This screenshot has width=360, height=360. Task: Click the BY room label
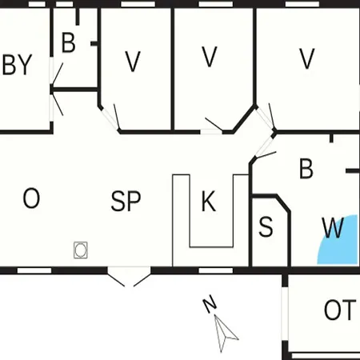(x=17, y=65)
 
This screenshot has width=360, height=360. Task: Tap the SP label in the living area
(x=126, y=201)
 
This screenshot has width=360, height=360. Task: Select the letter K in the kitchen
(x=209, y=201)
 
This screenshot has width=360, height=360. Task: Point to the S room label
(x=266, y=226)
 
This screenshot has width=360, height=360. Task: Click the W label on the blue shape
(x=333, y=227)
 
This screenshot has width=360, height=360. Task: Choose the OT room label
(x=340, y=310)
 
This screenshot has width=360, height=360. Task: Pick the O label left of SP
(x=31, y=198)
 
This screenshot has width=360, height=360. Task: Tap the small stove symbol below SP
(x=81, y=250)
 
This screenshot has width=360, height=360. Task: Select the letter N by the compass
(x=210, y=304)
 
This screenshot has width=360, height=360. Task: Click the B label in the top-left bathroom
(x=69, y=42)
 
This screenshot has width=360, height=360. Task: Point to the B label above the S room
(x=306, y=169)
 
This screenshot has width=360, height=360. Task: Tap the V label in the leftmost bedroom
(x=133, y=62)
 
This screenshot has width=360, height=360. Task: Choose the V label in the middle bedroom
(x=210, y=57)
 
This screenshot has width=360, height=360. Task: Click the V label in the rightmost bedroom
(x=307, y=58)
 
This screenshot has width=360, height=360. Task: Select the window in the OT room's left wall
(x=285, y=314)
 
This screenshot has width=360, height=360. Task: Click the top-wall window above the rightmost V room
(x=302, y=4)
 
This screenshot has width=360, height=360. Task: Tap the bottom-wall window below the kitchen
(x=216, y=270)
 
